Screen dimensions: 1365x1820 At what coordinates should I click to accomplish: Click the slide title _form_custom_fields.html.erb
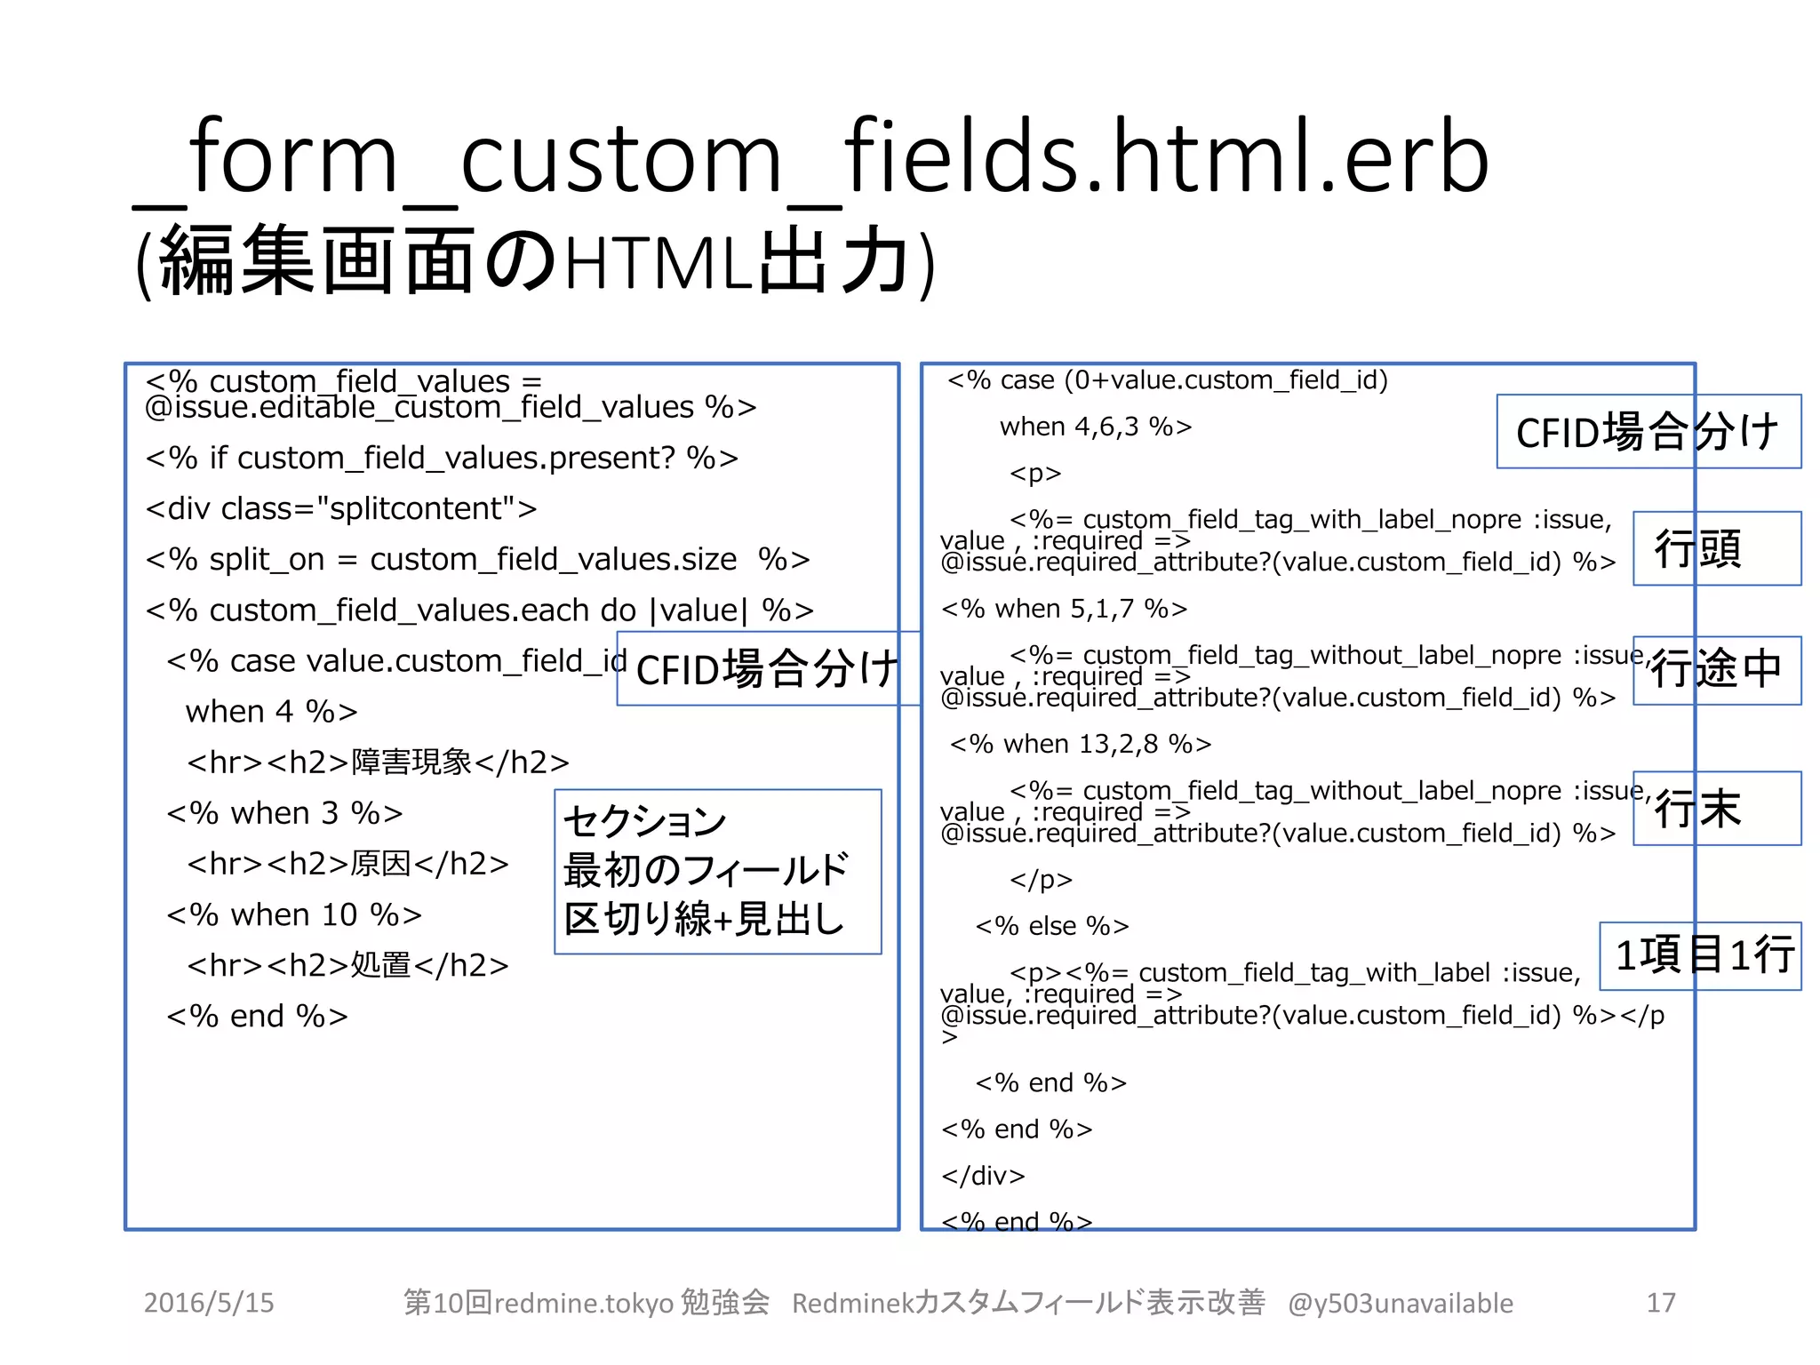point(810,158)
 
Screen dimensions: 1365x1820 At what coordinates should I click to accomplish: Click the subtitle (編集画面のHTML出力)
point(535,261)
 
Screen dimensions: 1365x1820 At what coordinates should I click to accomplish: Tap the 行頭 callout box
point(1716,548)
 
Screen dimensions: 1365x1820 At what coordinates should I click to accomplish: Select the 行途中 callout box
point(1716,670)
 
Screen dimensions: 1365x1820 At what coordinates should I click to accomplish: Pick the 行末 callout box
point(1716,808)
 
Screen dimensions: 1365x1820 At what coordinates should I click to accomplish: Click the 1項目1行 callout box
point(1700,955)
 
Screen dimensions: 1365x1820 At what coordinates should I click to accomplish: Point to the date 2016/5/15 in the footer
point(209,1303)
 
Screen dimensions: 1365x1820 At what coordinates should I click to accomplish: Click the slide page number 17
point(1660,1303)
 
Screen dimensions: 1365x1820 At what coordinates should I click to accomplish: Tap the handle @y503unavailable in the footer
point(1401,1303)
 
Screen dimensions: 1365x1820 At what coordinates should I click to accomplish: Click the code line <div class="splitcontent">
point(341,508)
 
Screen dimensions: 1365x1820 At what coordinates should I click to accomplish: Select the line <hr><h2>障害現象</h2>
point(378,762)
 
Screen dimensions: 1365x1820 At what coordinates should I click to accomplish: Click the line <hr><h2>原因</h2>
point(347,864)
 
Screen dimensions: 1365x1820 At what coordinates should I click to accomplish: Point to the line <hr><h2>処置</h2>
point(347,965)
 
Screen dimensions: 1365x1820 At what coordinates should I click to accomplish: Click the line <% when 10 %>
point(294,914)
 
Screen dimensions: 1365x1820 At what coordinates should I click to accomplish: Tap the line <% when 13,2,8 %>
point(1081,744)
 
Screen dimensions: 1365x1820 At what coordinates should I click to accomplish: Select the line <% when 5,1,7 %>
point(1064,609)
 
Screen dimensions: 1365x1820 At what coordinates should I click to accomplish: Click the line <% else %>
point(1052,926)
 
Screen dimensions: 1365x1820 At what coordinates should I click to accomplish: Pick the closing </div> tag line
point(983,1176)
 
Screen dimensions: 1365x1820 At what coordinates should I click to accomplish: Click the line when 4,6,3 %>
point(1095,427)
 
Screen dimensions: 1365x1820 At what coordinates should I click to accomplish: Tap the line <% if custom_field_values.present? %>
point(442,458)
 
